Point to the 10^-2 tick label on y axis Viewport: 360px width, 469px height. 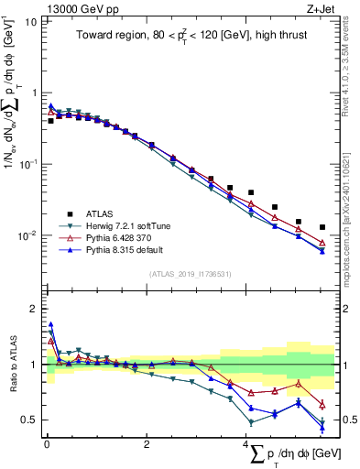[x=27, y=235]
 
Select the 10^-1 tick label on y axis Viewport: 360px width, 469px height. [x=27, y=164]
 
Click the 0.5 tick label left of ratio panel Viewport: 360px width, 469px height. [x=29, y=420]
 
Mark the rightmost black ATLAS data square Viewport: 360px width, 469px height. [x=322, y=227]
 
